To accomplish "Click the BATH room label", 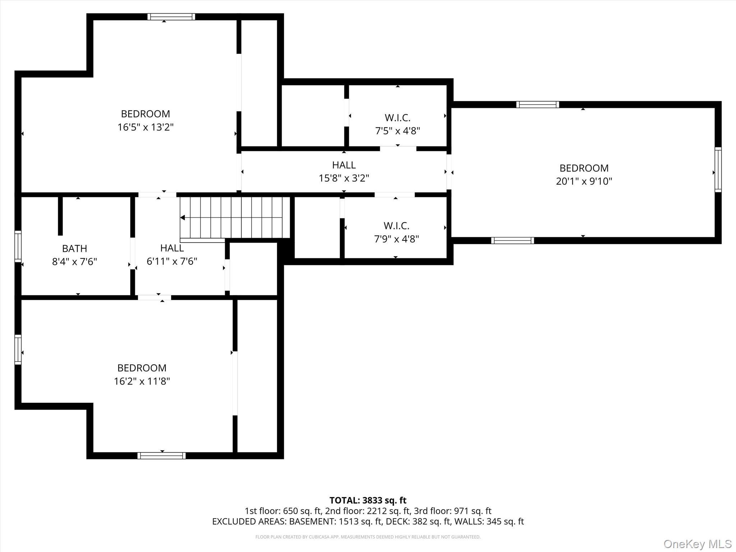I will click(74, 248).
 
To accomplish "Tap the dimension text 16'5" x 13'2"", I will click(146, 127).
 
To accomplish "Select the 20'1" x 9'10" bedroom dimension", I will click(584, 181).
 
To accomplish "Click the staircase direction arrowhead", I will click(183, 217).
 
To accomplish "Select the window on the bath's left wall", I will click(18, 246).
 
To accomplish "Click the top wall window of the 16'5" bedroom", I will click(171, 17).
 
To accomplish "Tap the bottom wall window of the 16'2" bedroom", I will click(161, 456).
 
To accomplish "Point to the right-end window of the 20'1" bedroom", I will click(718, 170).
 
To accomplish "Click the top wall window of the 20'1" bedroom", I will click(538, 105).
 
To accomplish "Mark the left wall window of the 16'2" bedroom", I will click(18, 350).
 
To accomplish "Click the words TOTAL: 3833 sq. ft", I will click(368, 500).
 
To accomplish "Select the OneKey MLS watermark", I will click(698, 544).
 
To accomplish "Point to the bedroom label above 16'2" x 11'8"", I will click(142, 368).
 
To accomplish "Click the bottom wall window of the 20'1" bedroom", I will click(512, 240).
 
